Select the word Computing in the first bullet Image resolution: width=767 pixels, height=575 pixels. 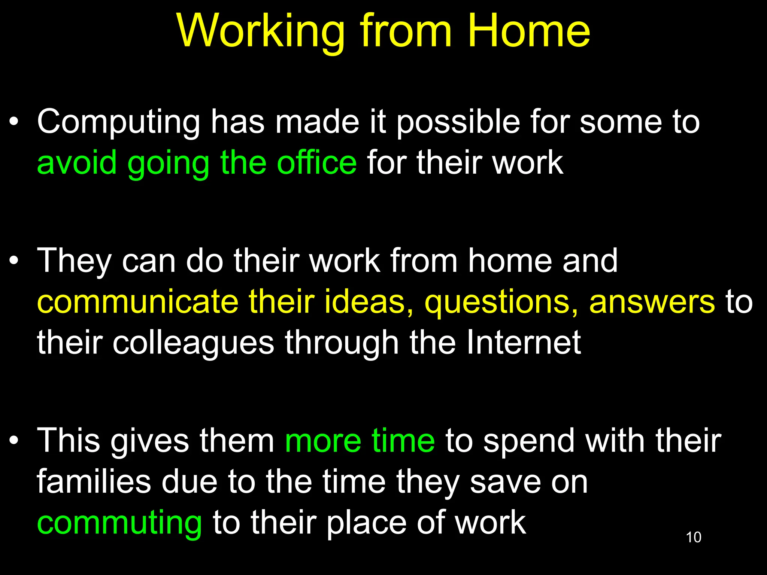pos(118,123)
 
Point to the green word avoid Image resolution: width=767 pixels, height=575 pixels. pos(77,163)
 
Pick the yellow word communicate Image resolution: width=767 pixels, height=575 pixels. pos(138,302)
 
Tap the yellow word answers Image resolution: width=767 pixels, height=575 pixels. pos(652,302)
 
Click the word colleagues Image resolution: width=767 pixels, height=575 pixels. pos(193,344)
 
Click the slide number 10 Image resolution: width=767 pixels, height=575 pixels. pos(693,537)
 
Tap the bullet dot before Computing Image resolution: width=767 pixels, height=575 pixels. pos(14,122)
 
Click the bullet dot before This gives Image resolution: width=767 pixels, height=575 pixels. pos(14,441)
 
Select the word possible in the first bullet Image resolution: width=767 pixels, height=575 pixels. pos(458,123)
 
